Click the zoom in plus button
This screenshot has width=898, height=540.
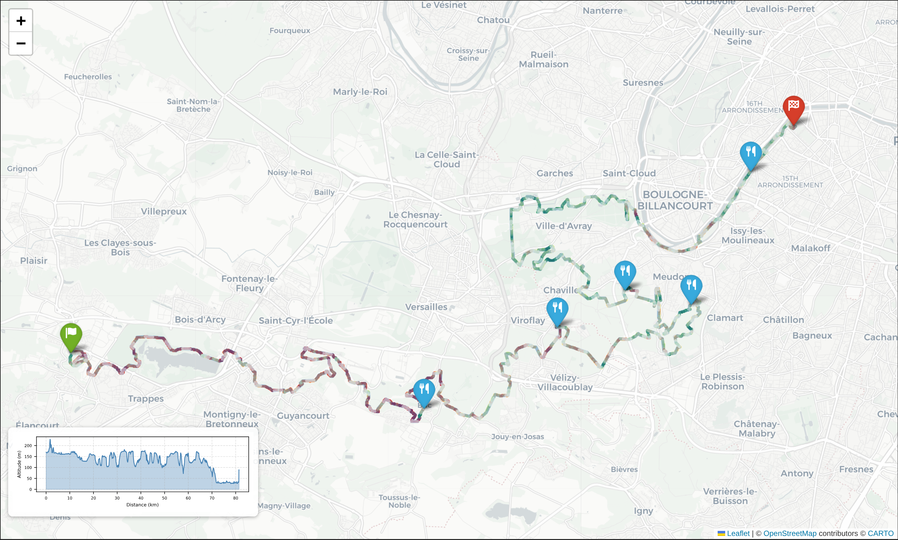(x=21, y=21)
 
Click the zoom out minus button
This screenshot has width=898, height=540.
(x=21, y=43)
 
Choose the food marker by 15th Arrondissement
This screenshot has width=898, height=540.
(x=751, y=153)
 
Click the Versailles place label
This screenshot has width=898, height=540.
(x=426, y=307)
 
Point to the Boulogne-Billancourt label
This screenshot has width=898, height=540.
(x=675, y=200)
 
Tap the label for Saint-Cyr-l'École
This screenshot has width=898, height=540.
(x=295, y=321)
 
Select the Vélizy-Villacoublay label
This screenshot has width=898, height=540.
(x=565, y=382)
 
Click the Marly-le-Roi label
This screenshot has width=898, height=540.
(x=360, y=92)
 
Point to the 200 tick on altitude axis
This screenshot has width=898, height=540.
(x=28, y=445)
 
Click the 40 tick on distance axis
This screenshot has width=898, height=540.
(x=141, y=498)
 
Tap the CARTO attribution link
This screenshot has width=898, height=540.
(x=880, y=533)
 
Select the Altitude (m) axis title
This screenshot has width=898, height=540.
(x=19, y=464)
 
